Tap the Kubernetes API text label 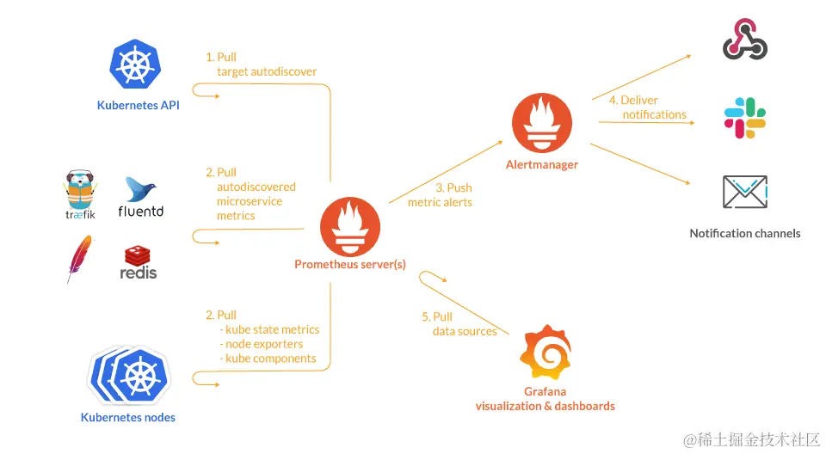(x=138, y=107)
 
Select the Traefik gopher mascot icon (x=80, y=191)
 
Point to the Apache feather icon (x=79, y=258)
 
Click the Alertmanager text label (x=542, y=164)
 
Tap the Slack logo (x=744, y=118)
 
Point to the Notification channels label (x=744, y=233)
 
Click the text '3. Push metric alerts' (x=441, y=195)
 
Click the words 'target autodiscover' (x=267, y=71)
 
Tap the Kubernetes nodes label (x=128, y=418)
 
